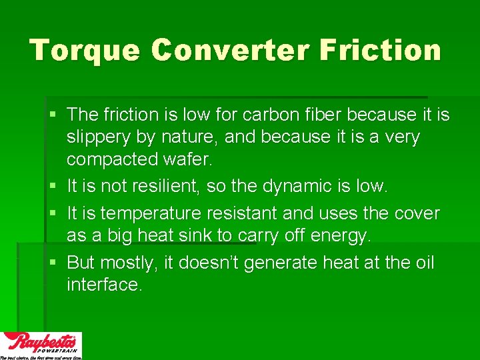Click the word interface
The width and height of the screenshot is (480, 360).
(x=104, y=285)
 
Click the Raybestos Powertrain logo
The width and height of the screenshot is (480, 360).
(x=41, y=345)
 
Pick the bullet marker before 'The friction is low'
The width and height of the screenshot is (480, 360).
(x=53, y=115)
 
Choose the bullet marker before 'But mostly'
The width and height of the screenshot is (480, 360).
(x=53, y=263)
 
